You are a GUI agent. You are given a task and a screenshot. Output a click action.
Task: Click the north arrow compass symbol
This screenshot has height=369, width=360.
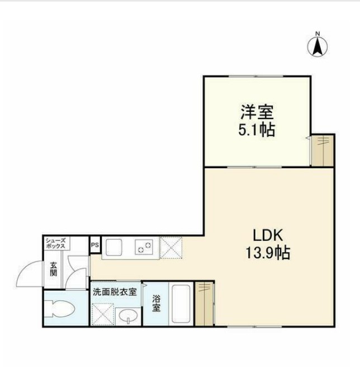click(318, 45)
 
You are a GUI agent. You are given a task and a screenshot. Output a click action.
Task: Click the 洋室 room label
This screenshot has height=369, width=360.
click(257, 112)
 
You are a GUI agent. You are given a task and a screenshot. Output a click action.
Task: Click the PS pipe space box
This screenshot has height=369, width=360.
click(94, 245)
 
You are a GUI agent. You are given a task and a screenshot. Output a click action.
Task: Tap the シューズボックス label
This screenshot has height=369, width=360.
click(56, 243)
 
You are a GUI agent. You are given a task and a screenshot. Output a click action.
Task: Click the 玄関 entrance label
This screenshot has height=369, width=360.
click(53, 269)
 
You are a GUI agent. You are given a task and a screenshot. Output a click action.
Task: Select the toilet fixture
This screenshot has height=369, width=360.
click(61, 309)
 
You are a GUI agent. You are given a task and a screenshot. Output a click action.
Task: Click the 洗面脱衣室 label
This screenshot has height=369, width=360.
click(115, 292)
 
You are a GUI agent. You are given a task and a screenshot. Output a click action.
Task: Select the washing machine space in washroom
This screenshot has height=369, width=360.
click(102, 314)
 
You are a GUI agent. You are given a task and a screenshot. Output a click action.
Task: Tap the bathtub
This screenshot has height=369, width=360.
click(181, 304)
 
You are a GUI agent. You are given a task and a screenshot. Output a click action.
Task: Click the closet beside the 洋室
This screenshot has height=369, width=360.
click(323, 150)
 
